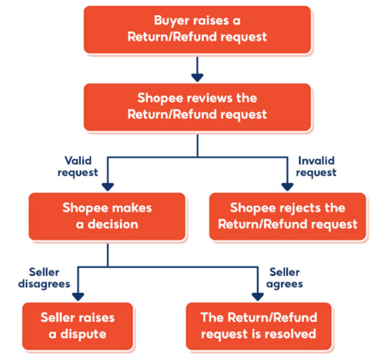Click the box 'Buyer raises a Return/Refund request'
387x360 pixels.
click(x=197, y=28)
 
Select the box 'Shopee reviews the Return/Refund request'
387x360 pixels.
click(x=197, y=106)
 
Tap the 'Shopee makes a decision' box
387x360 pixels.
click(x=107, y=216)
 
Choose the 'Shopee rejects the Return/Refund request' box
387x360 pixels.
click(x=287, y=216)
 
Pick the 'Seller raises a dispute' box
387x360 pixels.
click(x=78, y=325)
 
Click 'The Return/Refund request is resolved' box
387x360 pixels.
click(x=259, y=325)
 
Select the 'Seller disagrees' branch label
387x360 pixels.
click(x=44, y=278)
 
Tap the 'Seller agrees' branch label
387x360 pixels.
click(x=286, y=278)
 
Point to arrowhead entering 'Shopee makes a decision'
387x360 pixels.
click(x=107, y=186)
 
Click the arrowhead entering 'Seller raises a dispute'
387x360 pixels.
click(x=78, y=296)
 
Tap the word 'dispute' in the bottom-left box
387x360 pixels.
click(x=84, y=334)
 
